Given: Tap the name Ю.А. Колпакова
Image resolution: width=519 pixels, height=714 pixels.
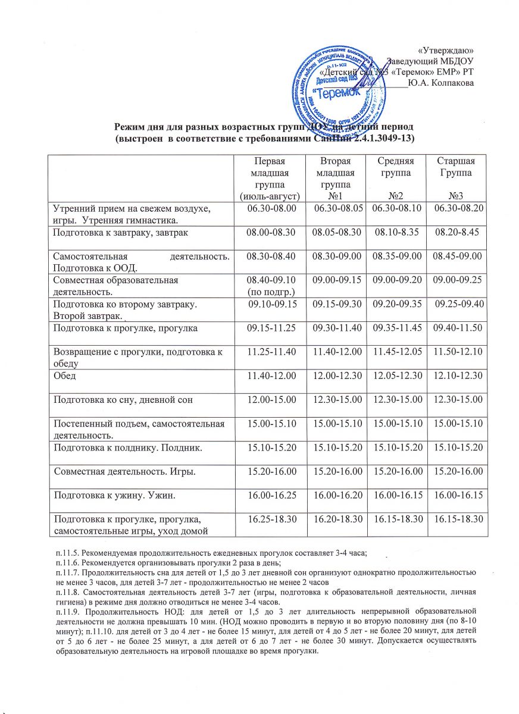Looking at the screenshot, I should (x=442, y=83).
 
